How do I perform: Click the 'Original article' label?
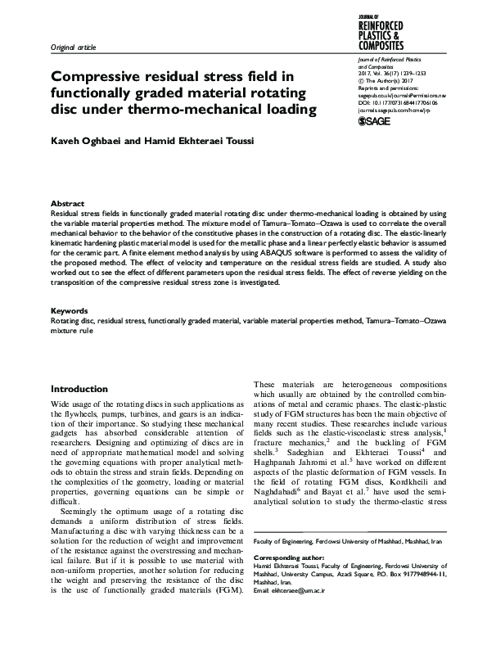[73, 48]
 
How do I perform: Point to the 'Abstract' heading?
[66, 202]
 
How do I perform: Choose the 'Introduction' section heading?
[85, 388]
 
